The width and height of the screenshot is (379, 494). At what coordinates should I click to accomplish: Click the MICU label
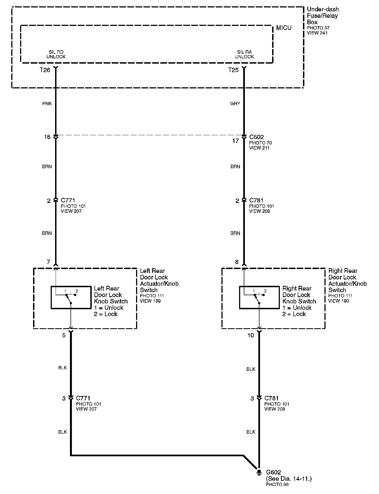coord(283,28)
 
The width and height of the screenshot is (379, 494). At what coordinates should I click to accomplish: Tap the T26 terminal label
coord(45,70)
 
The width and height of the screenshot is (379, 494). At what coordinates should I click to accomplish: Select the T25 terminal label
coord(233,70)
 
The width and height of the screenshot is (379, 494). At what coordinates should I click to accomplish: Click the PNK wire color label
coord(47,104)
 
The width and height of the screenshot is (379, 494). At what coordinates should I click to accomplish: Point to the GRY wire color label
coord(235,104)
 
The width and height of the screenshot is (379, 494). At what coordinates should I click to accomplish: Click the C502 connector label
coord(256,137)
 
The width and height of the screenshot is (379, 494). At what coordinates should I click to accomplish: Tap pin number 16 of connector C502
coord(47,137)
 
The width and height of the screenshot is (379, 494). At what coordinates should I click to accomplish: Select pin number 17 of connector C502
coord(235,141)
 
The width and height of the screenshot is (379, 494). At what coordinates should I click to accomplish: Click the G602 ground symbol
coord(259,472)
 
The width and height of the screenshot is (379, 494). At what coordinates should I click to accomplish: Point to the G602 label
coord(274,472)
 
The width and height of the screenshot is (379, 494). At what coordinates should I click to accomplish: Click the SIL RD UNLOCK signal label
coord(56,54)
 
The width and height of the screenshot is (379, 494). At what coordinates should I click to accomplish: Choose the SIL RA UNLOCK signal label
coord(244,54)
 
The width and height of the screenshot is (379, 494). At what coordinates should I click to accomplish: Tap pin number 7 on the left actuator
coord(48,262)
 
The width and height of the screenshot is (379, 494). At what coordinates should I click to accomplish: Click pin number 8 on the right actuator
coord(237,262)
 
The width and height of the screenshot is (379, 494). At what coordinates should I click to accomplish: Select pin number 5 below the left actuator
coord(64,335)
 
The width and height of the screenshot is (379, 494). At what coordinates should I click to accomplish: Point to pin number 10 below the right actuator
coord(251,335)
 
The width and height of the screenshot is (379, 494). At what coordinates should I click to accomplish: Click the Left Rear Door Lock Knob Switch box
coord(71,297)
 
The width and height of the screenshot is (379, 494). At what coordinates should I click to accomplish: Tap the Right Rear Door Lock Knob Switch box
coord(259,297)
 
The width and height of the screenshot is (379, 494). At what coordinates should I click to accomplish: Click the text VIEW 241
coord(317,33)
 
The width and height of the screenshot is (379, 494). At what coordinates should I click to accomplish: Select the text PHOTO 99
coord(277,484)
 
